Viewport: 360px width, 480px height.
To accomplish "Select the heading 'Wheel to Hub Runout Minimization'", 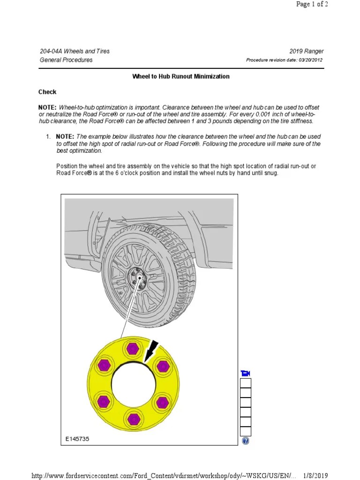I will pos(181,76).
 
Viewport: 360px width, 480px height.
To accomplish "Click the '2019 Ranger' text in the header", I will pos(307,51).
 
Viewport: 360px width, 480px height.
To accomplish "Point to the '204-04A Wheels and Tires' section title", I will pos(75,51).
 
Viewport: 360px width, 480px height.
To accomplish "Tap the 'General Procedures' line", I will pos(66,60).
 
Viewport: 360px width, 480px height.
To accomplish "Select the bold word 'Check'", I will pos(47,92).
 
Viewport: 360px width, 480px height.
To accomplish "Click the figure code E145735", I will pos(77,439).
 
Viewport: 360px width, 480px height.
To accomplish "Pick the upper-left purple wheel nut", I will pos(103,366).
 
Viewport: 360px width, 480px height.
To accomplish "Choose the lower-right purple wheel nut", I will pos(162,401).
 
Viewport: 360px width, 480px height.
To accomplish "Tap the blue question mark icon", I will pos(246,441).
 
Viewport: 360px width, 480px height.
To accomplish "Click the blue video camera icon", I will pos(246,373).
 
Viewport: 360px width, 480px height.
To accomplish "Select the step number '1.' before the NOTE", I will pos(48,136).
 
